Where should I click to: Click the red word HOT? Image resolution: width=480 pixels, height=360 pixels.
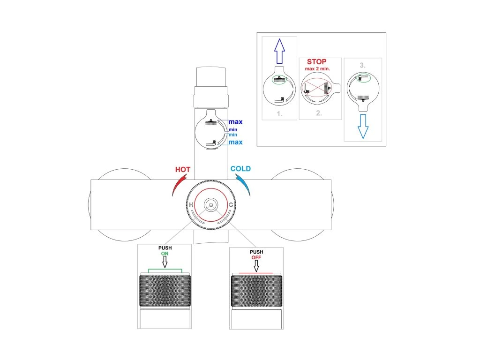[182, 169]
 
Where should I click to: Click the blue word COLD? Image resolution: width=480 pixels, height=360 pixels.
[240, 169]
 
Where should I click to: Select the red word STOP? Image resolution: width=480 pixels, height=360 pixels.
[316, 62]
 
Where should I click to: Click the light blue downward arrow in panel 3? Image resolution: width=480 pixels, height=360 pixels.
[362, 127]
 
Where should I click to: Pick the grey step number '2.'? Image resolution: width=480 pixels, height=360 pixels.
[319, 113]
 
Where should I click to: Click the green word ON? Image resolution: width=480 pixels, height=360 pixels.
[165, 254]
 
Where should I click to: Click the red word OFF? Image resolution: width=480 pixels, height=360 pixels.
[256, 257]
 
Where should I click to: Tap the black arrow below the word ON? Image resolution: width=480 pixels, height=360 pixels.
[165, 262]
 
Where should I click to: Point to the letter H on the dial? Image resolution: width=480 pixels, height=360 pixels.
[192, 205]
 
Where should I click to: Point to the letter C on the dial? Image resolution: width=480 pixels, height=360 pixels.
[231, 205]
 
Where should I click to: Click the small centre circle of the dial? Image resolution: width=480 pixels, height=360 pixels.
[211, 205]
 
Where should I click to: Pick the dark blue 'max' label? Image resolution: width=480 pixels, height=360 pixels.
[235, 122]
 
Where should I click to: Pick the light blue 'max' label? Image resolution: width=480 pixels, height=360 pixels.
[235, 142]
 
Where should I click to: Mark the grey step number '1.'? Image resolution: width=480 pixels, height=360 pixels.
[279, 113]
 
